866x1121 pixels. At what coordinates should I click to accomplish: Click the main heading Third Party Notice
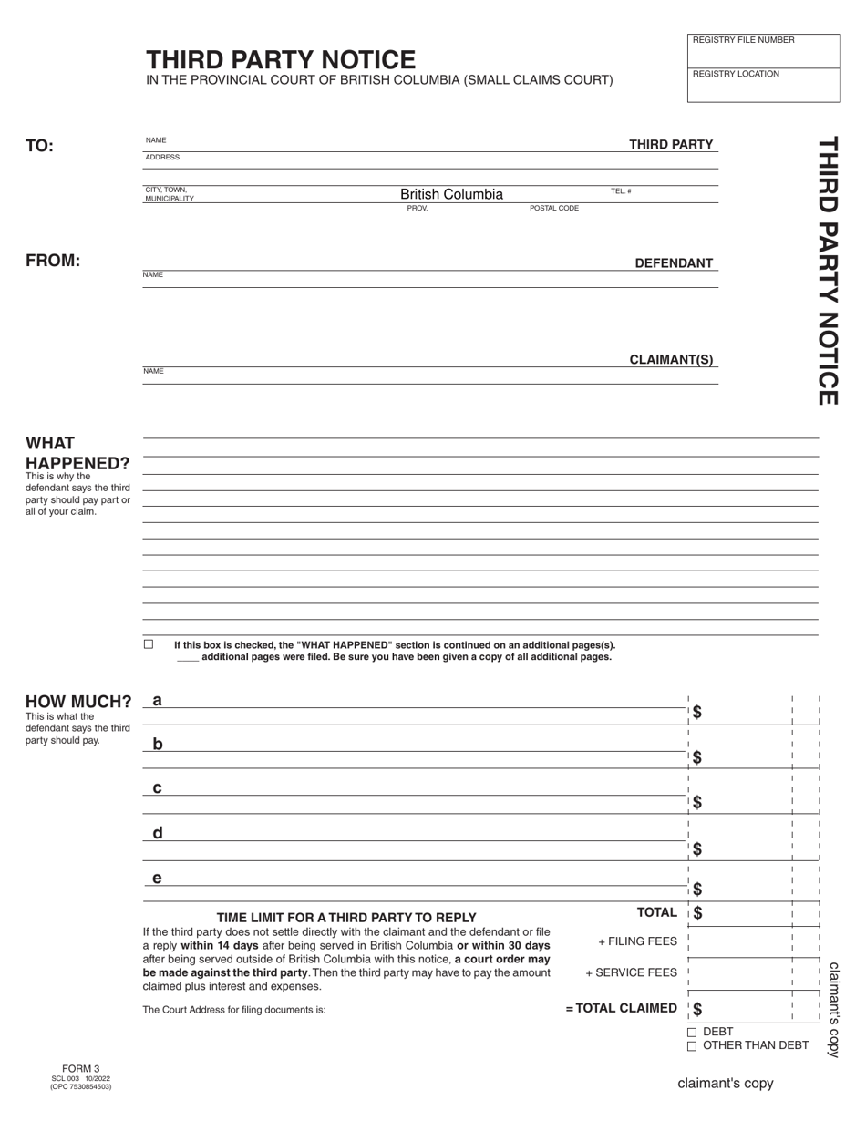pos(281,60)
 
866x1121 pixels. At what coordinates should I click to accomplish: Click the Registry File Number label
pos(743,40)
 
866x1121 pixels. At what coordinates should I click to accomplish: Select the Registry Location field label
pos(736,74)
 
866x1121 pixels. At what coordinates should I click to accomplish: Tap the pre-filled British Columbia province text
pos(451,194)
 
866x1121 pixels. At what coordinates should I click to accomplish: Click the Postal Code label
pos(554,209)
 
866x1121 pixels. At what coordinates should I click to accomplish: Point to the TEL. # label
pos(621,191)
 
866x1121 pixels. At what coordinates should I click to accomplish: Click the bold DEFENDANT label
pos(674,263)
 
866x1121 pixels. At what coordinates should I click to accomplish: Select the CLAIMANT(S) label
pos(671,360)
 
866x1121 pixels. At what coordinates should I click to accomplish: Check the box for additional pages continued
pos(149,644)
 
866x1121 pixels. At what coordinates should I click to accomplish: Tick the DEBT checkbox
pos(692,1033)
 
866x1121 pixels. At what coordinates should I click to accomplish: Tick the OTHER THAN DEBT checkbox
pos(692,1046)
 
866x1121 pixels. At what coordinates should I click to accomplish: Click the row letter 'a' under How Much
pos(158,700)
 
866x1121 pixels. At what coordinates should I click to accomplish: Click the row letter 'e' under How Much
pos(158,879)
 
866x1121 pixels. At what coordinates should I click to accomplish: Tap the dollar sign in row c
pos(697,802)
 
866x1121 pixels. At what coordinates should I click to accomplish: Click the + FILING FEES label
pos(637,941)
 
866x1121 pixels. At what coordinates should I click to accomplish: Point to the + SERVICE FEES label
pos(631,972)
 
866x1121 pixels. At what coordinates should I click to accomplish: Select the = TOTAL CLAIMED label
pos(621,1008)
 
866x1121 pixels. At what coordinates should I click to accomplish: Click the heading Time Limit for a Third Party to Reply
pos(346,918)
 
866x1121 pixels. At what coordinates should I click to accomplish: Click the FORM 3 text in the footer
pos(81,1069)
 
